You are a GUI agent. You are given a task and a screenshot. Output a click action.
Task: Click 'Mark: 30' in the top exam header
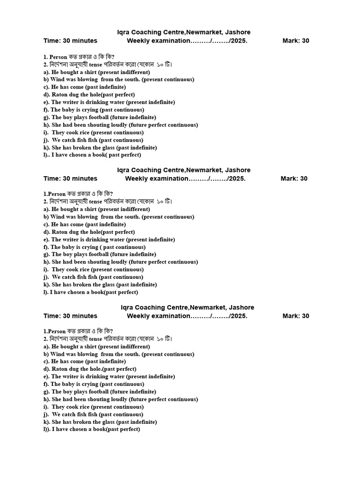tap(295, 41)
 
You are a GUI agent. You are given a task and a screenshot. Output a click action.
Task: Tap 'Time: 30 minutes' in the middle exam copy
tap(70, 179)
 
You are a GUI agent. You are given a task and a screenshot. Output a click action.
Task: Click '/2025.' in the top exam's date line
tap(237, 41)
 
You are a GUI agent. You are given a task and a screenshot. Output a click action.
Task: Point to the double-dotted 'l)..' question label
tap(46, 155)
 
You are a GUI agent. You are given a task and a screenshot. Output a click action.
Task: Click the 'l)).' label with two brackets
tap(46, 429)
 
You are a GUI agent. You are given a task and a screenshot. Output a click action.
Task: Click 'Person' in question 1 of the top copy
tap(59, 57)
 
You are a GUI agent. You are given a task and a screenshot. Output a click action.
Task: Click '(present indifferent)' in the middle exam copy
tap(124, 210)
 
